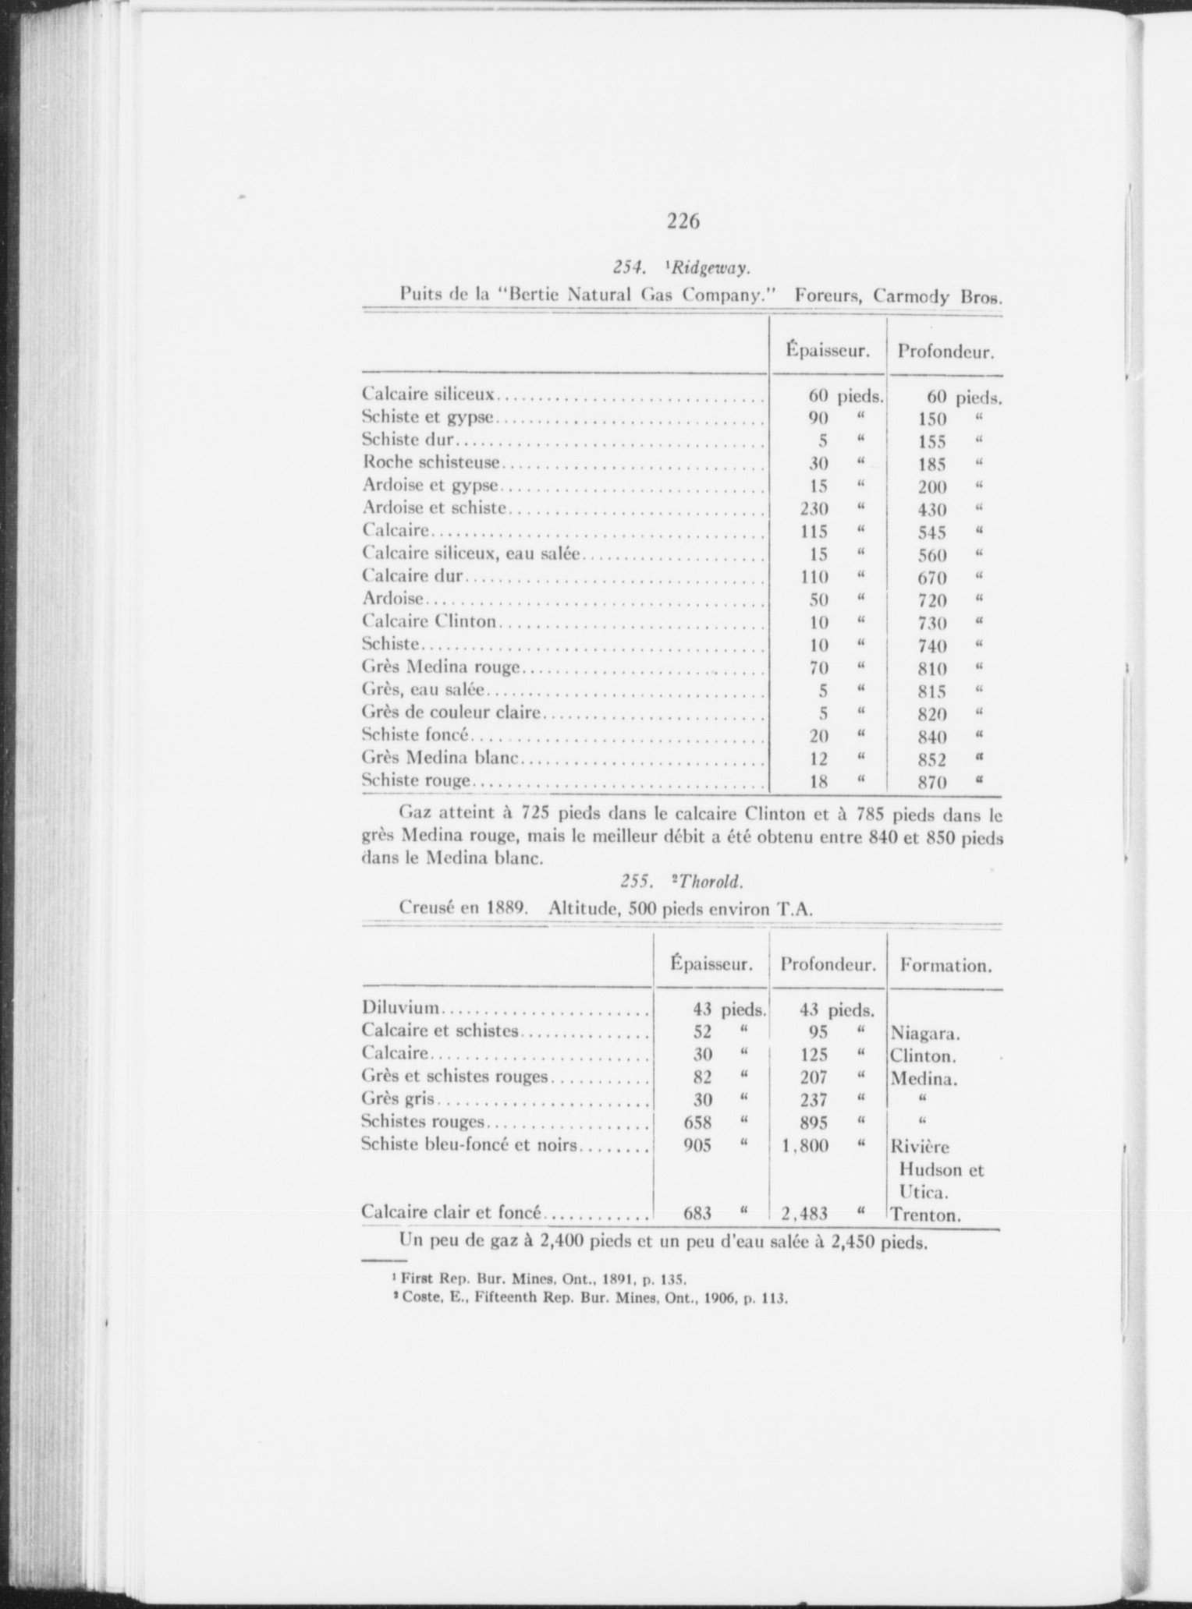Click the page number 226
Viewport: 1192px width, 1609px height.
click(683, 222)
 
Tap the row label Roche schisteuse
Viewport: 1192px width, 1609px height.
click(431, 462)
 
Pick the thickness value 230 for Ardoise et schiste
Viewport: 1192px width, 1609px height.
click(814, 509)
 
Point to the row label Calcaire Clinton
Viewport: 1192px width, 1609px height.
click(429, 622)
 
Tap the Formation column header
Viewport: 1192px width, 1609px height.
click(945, 966)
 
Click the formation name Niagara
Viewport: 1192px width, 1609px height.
click(924, 1034)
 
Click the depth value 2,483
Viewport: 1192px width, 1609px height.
click(804, 1214)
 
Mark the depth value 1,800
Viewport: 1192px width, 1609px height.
click(804, 1146)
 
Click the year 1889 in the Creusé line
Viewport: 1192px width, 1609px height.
click(511, 908)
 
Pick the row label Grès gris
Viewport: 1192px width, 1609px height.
click(399, 1099)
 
